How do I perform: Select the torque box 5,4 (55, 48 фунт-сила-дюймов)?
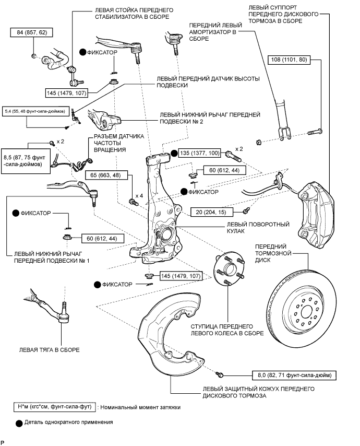coord(34,111)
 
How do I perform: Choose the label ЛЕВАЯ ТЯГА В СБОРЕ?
coord(49,350)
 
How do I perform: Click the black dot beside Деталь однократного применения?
coord(20,421)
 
